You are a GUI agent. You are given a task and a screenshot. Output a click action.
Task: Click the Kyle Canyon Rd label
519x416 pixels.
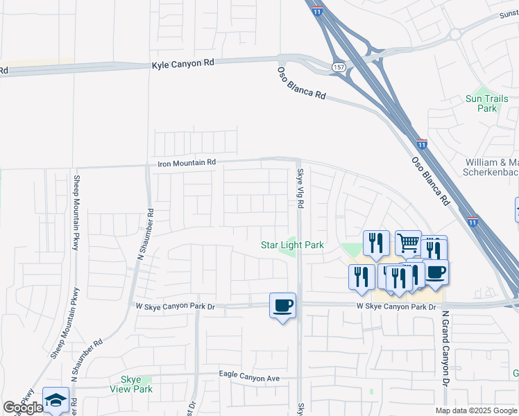click(x=183, y=63)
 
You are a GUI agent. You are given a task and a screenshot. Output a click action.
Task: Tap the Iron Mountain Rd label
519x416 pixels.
click(x=187, y=163)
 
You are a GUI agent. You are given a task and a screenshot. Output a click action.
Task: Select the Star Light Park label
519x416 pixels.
click(x=292, y=245)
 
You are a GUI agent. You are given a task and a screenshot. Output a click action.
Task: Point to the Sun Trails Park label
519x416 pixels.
click(x=486, y=103)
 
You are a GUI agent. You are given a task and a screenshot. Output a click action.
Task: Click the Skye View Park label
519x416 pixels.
click(x=131, y=384)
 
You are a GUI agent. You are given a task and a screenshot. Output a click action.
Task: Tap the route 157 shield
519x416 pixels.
click(x=337, y=67)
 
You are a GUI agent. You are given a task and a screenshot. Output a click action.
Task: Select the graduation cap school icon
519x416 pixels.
click(x=56, y=399)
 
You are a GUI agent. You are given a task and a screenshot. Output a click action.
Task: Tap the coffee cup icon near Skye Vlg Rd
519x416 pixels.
click(x=282, y=305)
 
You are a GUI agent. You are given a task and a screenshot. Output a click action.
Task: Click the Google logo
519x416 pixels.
click(x=23, y=408)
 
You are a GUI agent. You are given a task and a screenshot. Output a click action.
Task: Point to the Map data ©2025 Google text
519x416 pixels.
click(x=475, y=410)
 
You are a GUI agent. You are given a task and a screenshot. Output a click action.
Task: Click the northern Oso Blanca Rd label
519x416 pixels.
click(x=301, y=84)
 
